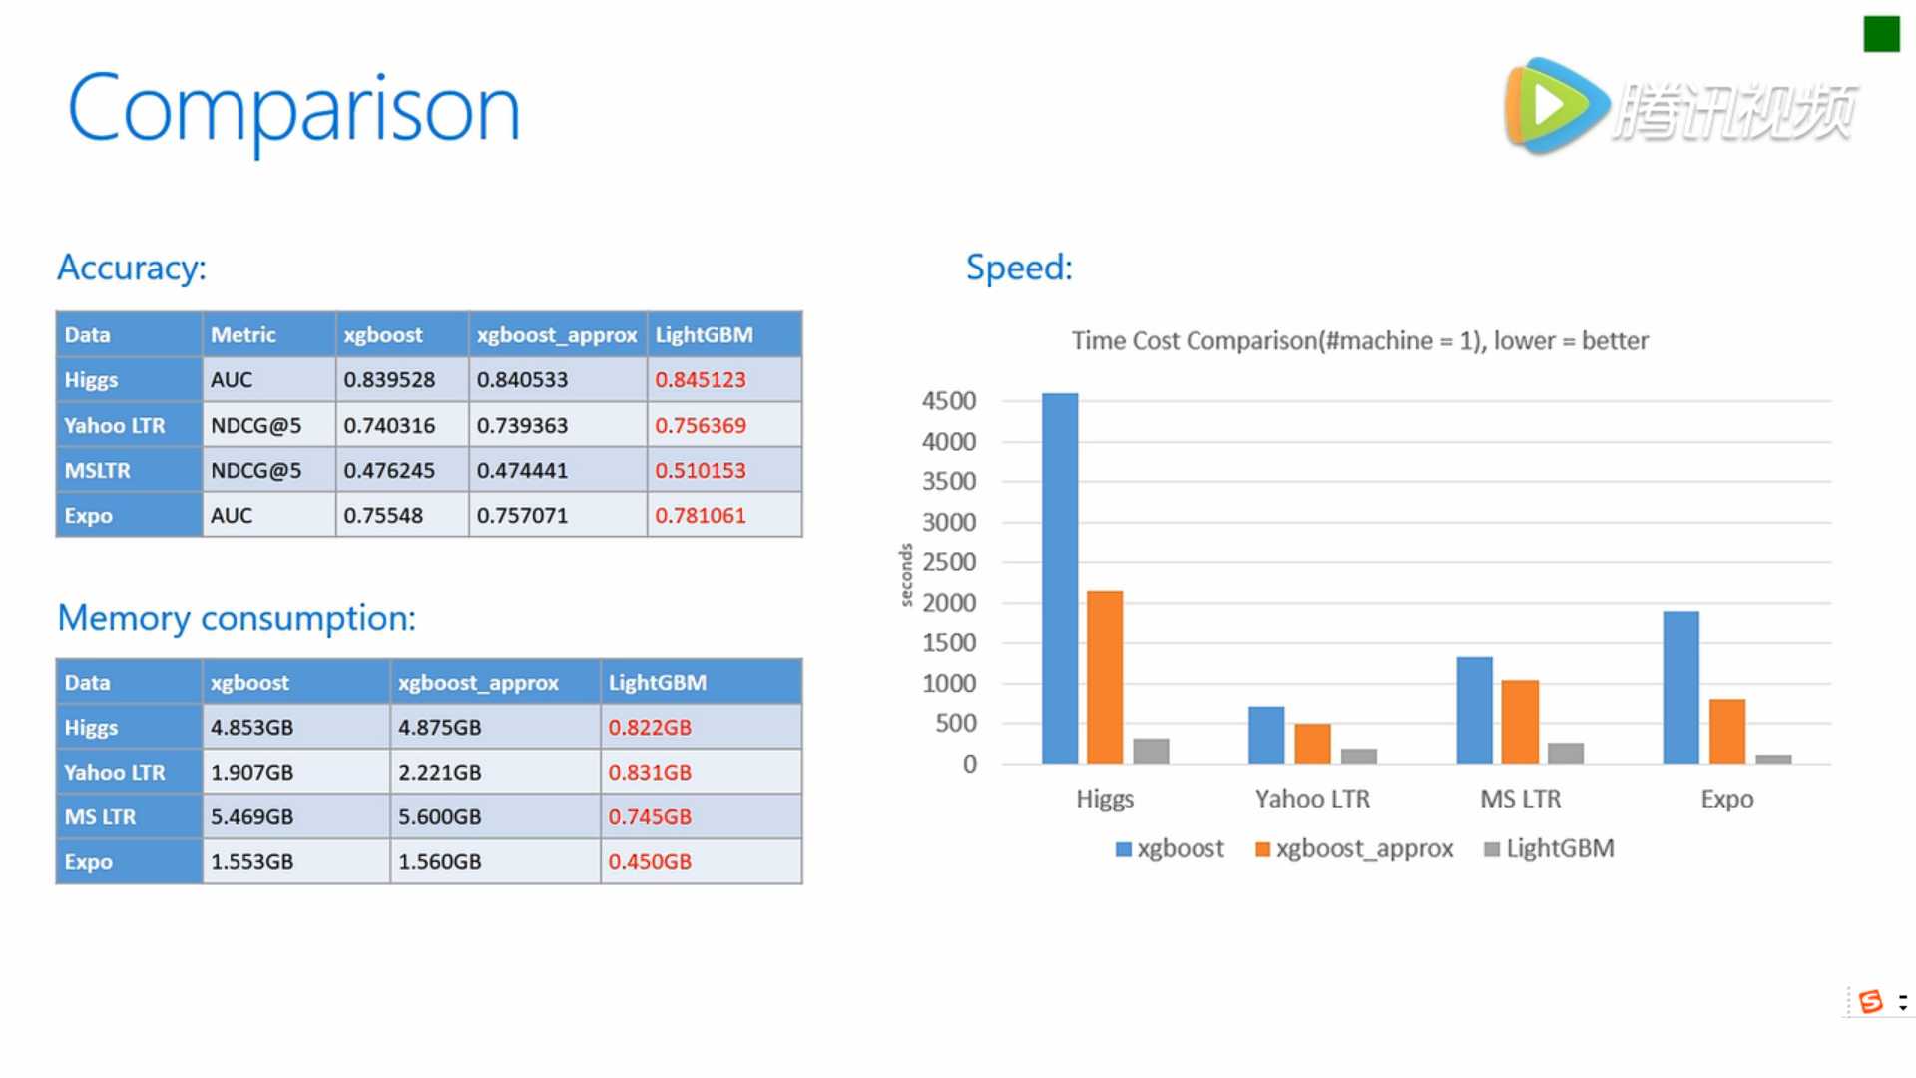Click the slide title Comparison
tap(293, 109)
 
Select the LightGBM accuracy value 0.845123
tap(701, 380)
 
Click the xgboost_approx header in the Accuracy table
tap(557, 335)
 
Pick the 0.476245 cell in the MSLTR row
tap(389, 471)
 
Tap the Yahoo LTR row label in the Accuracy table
tap(115, 426)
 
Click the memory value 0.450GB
tap(650, 862)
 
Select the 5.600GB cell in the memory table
tap(440, 817)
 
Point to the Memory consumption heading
tap(237, 618)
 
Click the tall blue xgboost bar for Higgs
tap(1060, 579)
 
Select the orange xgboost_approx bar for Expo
tap(1727, 732)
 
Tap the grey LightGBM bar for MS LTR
tap(1566, 754)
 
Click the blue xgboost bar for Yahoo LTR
tap(1266, 736)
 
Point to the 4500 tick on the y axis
tap(949, 401)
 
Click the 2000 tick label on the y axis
tap(949, 603)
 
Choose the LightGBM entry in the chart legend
tap(1549, 849)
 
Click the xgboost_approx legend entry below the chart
tap(1354, 849)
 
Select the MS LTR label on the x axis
tap(1520, 799)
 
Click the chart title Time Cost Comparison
tap(1360, 341)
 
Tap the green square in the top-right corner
tap(1881, 34)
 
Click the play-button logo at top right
tap(1555, 106)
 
